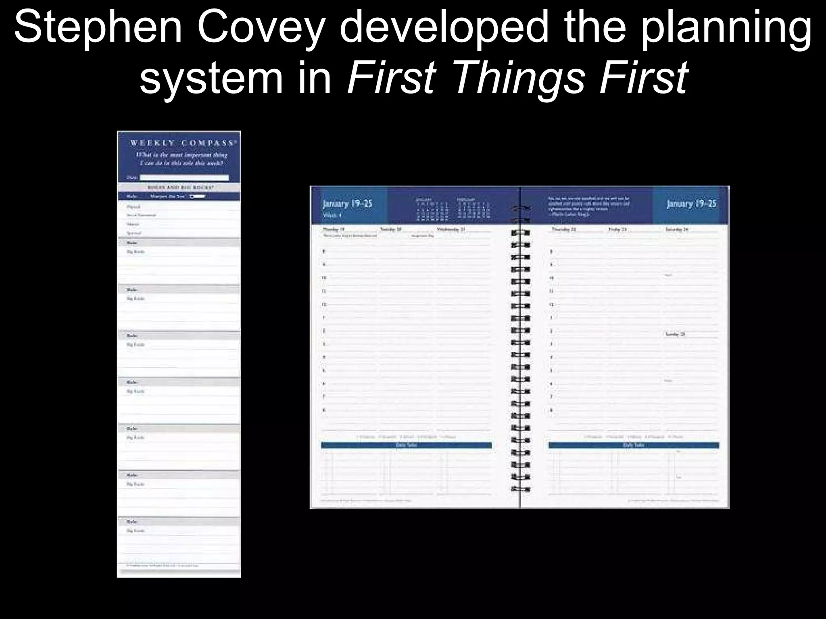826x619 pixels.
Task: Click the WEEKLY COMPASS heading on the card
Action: [x=182, y=143]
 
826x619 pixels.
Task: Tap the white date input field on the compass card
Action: [x=184, y=177]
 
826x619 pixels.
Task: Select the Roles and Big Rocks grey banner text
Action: [x=179, y=187]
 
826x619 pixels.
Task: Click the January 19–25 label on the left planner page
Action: [x=348, y=204]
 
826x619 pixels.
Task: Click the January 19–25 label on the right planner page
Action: [x=691, y=204]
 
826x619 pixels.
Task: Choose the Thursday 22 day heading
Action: [x=564, y=229]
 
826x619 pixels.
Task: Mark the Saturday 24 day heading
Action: [x=677, y=229]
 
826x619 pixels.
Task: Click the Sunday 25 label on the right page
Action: [x=676, y=334]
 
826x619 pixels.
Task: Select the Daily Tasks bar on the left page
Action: [x=406, y=445]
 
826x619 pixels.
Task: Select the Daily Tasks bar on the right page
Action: [x=633, y=445]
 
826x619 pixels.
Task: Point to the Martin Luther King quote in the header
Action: [x=589, y=206]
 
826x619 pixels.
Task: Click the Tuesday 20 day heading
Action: [x=391, y=229]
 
